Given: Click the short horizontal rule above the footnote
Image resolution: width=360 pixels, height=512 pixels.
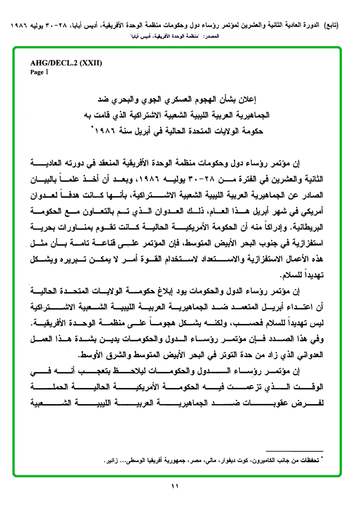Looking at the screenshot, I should (x=294, y=450).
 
